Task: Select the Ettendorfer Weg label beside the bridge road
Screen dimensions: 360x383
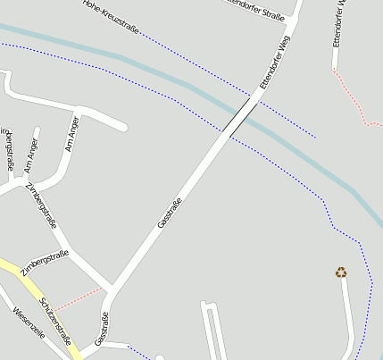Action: tap(275, 62)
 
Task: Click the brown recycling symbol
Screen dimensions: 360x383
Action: tap(341, 272)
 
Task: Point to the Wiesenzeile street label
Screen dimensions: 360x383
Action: tap(29, 327)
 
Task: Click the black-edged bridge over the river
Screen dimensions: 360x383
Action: tap(239, 116)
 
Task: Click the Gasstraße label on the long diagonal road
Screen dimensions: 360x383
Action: tap(170, 213)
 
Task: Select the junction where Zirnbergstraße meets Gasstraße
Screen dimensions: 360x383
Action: tap(112, 288)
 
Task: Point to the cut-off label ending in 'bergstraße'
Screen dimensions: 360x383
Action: tap(9, 150)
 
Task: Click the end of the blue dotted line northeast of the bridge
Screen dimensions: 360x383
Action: tap(315, 138)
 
